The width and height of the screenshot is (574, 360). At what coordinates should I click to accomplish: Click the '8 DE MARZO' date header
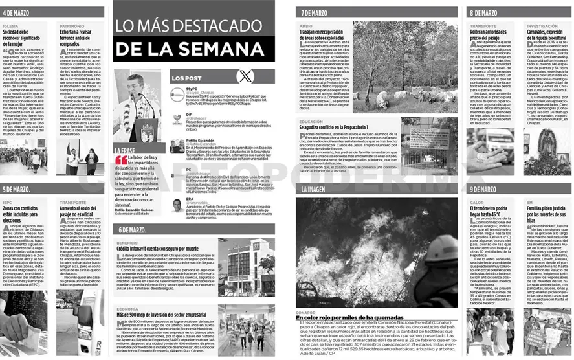[483, 12]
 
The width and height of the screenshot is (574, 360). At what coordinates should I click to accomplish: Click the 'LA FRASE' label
[124, 151]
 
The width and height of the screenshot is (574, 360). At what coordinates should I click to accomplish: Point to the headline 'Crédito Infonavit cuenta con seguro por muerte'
[158, 248]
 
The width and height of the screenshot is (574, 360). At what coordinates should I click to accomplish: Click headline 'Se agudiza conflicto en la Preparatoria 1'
[342, 128]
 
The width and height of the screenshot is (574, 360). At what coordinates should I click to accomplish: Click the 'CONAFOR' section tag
[305, 312]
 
